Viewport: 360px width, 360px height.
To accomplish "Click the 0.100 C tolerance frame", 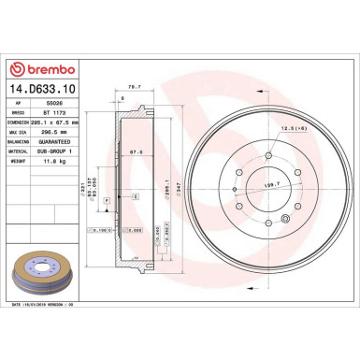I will [101, 229].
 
